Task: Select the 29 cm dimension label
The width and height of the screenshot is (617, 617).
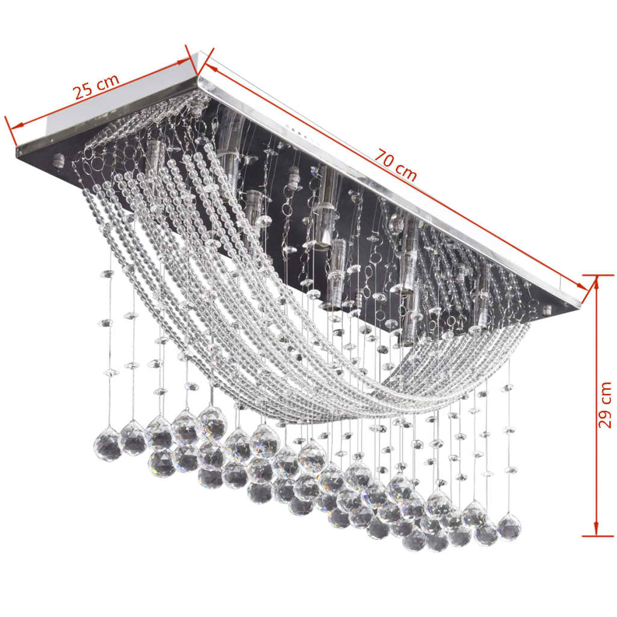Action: [604, 404]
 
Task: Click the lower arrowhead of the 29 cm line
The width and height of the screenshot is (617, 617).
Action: [596, 530]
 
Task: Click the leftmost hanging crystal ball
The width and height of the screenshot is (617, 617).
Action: [108, 445]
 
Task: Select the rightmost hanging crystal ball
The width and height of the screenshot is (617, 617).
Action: [509, 527]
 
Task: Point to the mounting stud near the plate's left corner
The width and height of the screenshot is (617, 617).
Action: [58, 160]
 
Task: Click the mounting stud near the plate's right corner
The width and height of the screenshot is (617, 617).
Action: [547, 311]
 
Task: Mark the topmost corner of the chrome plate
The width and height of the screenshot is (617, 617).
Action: [197, 77]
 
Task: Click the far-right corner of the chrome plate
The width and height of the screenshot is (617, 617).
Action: [580, 304]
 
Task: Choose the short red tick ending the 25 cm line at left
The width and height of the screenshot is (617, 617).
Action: [11, 131]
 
